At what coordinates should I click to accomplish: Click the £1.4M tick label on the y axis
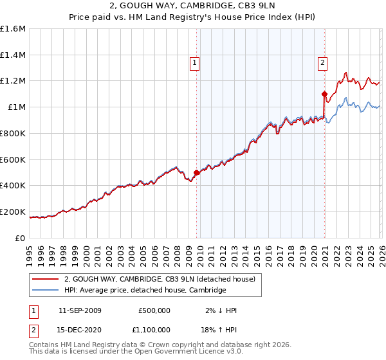13,55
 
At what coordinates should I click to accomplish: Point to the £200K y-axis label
13,212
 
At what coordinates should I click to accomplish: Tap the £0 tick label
21,238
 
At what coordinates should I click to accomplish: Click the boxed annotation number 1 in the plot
194,63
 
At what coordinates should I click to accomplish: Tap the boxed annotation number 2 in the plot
322,63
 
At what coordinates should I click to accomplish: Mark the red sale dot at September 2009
196,172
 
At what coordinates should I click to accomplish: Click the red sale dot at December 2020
324,94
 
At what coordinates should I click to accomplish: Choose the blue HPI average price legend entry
145,291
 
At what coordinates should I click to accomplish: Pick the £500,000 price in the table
154,310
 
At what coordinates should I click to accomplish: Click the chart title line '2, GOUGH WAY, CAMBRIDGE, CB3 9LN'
193,8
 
